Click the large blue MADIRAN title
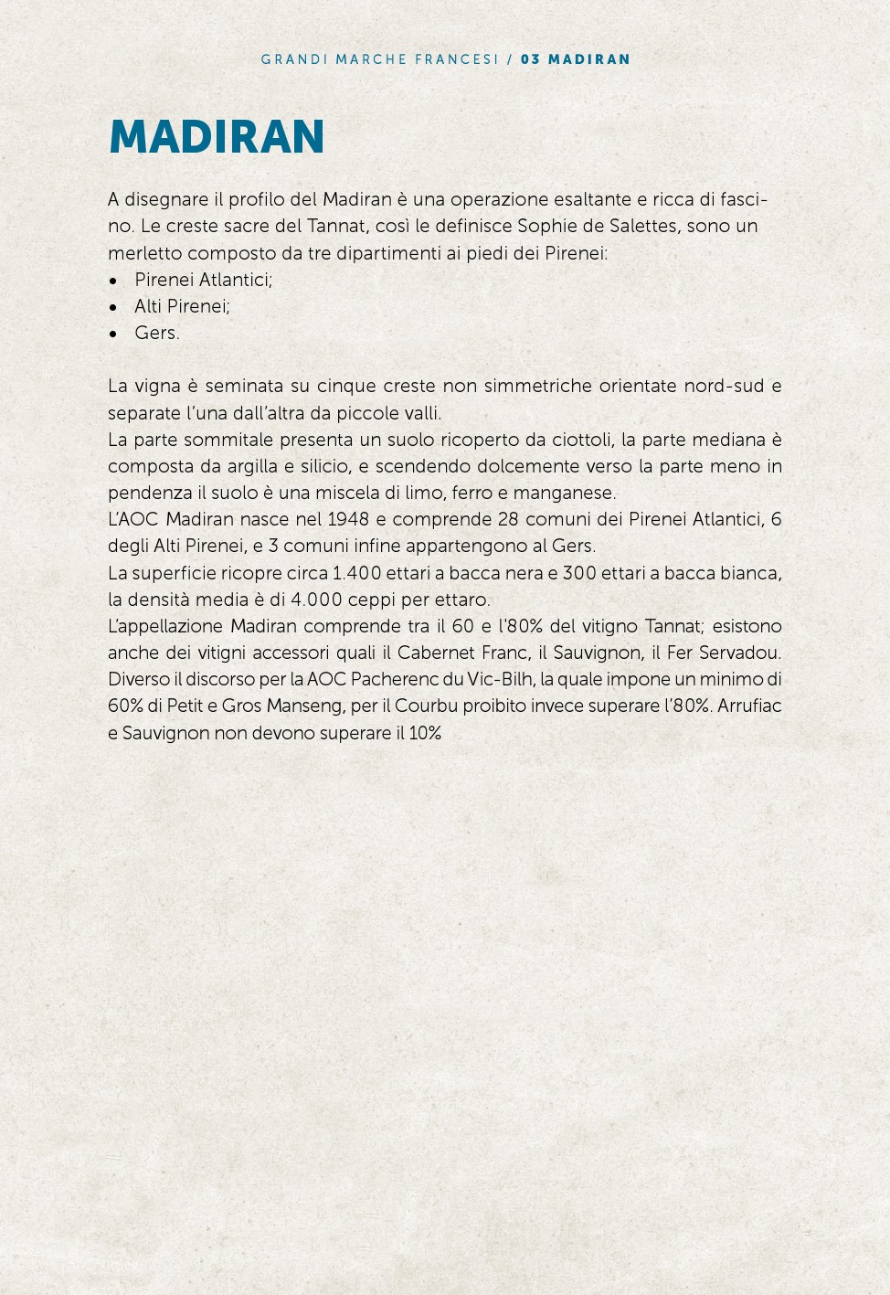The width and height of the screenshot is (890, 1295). click(217, 137)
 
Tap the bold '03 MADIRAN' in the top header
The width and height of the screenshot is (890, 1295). click(576, 59)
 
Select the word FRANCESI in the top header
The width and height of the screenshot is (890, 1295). click(457, 59)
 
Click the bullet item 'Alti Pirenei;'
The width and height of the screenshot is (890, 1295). click(182, 306)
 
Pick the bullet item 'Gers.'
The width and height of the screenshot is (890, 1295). click(157, 333)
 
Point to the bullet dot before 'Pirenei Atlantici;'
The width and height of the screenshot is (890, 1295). click(113, 281)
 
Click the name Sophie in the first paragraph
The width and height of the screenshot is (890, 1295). click(546, 226)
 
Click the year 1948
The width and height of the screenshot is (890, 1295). click(347, 519)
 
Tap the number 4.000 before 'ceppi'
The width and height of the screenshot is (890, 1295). click(316, 600)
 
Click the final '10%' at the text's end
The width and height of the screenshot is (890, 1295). click(425, 733)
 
